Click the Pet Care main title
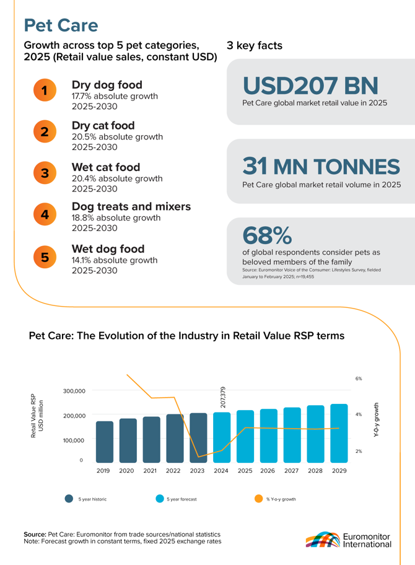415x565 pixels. [61, 25]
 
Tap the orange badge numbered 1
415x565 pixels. [45, 90]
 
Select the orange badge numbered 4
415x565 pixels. [45, 214]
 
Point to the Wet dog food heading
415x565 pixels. [108, 249]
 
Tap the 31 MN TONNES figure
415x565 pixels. [321, 166]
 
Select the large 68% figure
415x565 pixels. [267, 235]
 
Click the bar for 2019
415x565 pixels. [105, 442]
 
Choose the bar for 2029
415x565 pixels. [339, 433]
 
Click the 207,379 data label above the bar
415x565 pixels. [223, 397]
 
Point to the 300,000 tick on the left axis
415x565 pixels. [74, 391]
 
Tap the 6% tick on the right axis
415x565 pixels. [358, 378]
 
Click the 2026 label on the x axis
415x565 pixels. [268, 471]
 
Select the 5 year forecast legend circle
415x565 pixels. [159, 499]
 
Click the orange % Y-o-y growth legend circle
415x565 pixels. [258, 499]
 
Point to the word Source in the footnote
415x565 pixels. [35, 533]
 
